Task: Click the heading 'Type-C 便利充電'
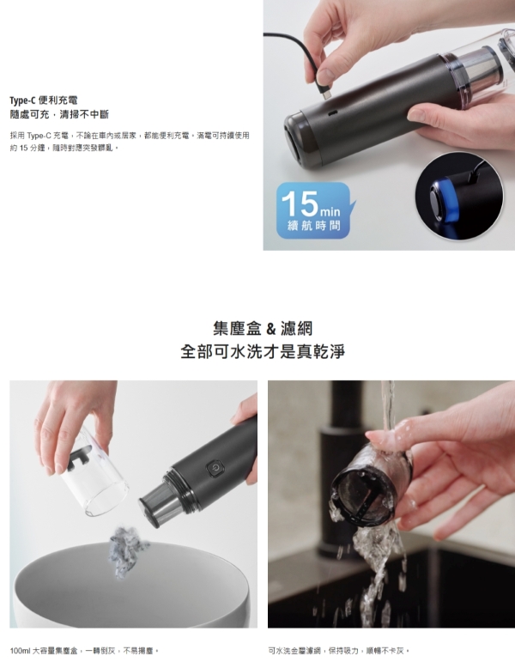click(x=44, y=100)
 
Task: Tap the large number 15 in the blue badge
click(x=300, y=203)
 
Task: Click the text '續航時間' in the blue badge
click(x=313, y=226)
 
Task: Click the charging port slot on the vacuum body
click(x=333, y=113)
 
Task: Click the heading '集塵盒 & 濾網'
click(x=263, y=328)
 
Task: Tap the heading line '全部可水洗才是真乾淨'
click(x=263, y=351)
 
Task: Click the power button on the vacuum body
click(x=215, y=468)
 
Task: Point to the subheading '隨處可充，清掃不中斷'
click(x=59, y=114)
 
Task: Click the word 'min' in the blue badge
click(x=330, y=210)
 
